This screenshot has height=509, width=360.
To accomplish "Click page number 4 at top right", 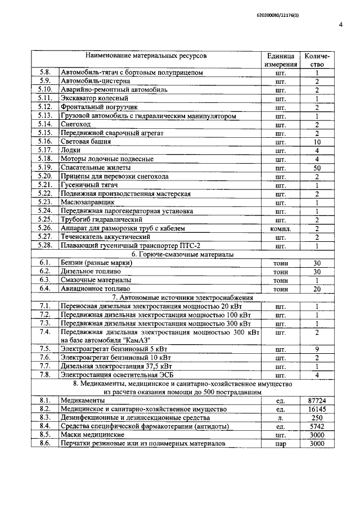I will coord(341,25).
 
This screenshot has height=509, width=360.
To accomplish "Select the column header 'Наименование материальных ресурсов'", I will coord(146,57).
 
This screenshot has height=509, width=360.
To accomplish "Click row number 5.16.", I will coord(45,142).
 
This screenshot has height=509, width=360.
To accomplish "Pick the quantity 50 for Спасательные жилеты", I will coord(317,168).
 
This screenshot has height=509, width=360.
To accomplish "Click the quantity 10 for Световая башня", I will coord(317,142).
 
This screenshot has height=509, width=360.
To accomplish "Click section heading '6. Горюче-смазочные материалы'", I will coord(175,254).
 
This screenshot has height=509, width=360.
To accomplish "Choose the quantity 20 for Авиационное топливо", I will coord(317,289).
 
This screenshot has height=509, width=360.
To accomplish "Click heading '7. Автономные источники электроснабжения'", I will coord(175,298).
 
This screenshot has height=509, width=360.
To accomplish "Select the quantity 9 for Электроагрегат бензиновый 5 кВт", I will coord(317,349).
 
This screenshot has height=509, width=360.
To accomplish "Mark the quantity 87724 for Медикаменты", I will coord(317,400).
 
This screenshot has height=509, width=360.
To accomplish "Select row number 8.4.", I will coord(45,426).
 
